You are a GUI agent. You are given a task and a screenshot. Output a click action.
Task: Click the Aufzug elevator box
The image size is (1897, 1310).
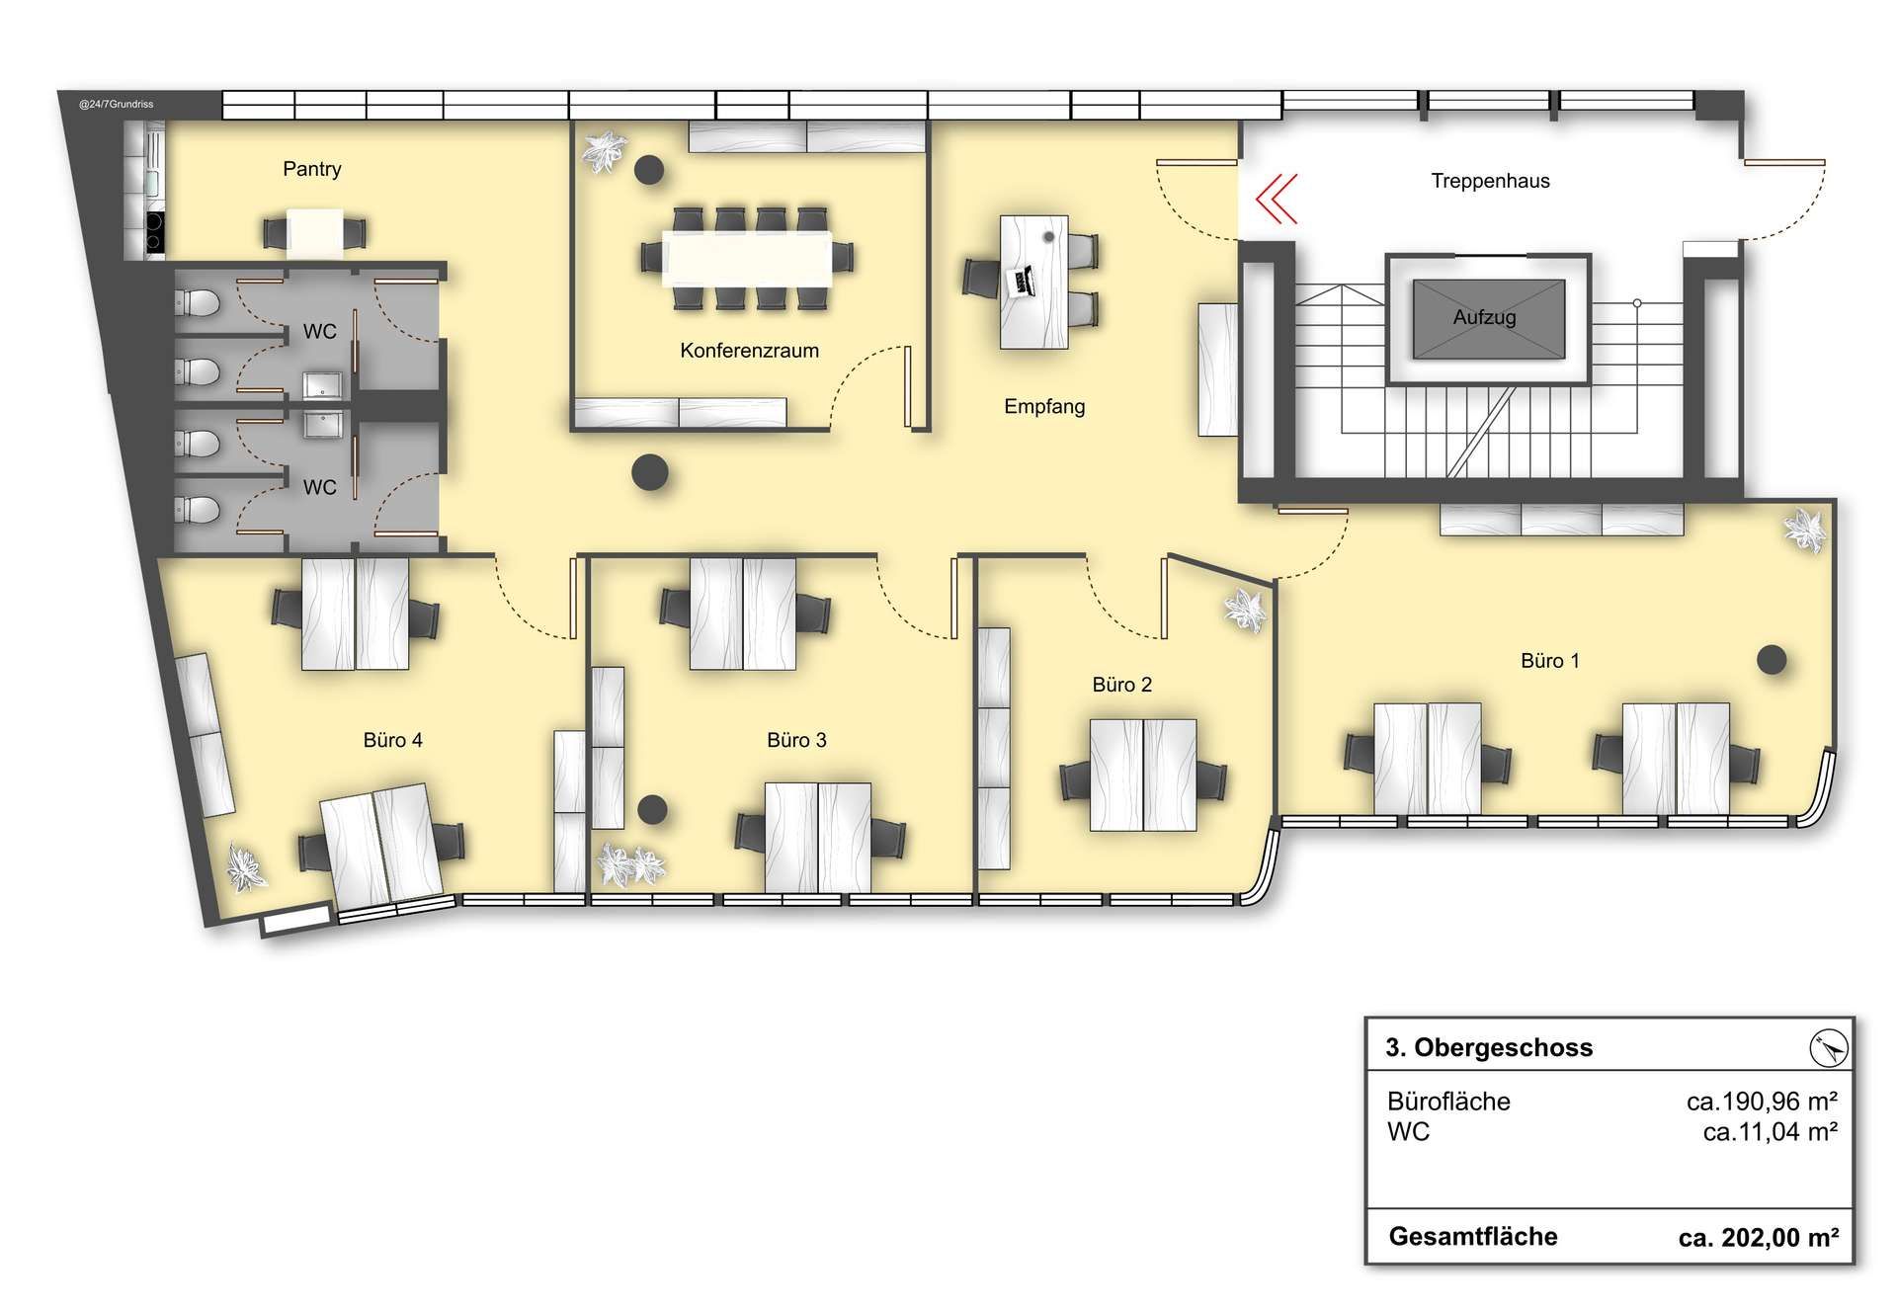click(x=1489, y=319)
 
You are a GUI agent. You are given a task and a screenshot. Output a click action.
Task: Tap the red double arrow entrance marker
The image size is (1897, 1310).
click(x=1277, y=199)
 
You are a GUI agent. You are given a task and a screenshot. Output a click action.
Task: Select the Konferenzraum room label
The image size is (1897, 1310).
click(x=749, y=351)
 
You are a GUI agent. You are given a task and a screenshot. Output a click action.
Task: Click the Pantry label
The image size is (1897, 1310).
click(x=312, y=169)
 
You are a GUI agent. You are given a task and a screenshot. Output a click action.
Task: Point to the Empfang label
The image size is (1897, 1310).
click(x=1044, y=406)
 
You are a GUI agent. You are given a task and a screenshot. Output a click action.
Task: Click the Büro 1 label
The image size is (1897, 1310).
click(x=1550, y=661)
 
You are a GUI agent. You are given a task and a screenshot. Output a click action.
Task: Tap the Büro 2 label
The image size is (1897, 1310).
click(x=1122, y=685)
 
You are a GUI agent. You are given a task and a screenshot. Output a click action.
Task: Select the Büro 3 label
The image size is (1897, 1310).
click(x=796, y=740)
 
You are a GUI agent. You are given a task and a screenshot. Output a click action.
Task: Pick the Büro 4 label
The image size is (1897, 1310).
click(x=393, y=740)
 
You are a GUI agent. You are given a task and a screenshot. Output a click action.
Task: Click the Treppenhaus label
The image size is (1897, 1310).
click(x=1490, y=181)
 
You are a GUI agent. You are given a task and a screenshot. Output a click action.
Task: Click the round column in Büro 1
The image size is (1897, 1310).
click(x=1772, y=659)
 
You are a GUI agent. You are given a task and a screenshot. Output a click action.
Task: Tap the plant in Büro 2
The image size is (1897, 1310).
click(x=1245, y=611)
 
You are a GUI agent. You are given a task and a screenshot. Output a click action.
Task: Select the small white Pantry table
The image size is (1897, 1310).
click(x=315, y=233)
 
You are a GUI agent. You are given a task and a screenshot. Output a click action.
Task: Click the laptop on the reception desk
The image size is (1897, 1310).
click(x=1021, y=281)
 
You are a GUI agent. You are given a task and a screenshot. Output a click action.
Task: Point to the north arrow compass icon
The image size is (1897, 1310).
click(x=1829, y=1047)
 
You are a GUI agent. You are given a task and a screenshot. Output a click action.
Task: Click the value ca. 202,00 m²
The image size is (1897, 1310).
click(x=1759, y=1237)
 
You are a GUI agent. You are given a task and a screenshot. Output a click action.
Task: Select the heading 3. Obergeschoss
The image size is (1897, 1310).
click(x=1489, y=1047)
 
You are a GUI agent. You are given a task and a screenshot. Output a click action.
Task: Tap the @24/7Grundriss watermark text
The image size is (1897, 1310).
click(x=117, y=104)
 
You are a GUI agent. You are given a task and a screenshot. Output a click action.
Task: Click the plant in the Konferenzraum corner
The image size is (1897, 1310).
click(x=604, y=151)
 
